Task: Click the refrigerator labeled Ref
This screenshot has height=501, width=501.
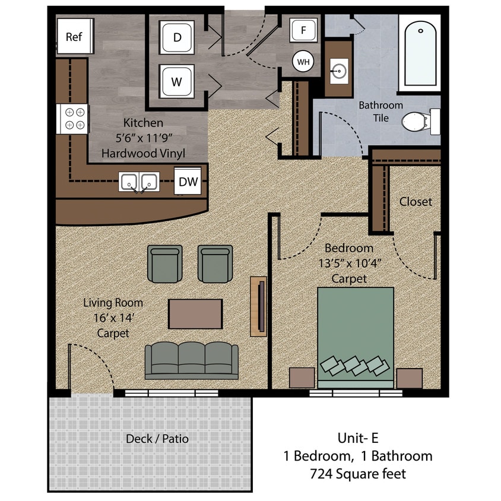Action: pyautogui.click(x=73, y=37)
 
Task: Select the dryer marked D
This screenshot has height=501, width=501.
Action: pyautogui.click(x=177, y=37)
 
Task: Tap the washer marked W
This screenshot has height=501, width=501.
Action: pyautogui.click(x=177, y=82)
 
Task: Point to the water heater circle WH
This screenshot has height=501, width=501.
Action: pyautogui.click(x=303, y=61)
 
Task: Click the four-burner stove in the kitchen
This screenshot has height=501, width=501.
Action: pyautogui.click(x=73, y=118)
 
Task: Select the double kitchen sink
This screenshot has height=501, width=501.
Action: pyautogui.click(x=138, y=182)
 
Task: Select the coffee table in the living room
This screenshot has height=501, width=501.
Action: pyautogui.click(x=195, y=313)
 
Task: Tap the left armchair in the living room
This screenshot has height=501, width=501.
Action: pyautogui.click(x=165, y=264)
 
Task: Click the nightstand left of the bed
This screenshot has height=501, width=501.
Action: pyautogui.click(x=302, y=378)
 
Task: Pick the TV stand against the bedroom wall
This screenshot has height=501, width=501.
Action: pyautogui.click(x=259, y=306)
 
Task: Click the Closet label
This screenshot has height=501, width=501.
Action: pyautogui.click(x=416, y=202)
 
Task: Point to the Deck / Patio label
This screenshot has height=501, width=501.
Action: pyautogui.click(x=157, y=439)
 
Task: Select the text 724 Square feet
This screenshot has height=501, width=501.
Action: pyautogui.click(x=358, y=474)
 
